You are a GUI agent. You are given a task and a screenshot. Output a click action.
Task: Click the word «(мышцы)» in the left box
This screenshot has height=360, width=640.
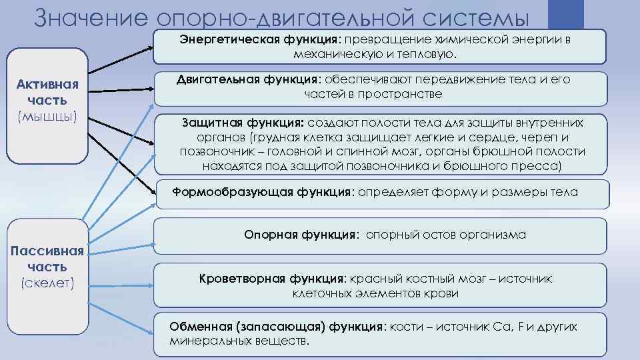[47, 116]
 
